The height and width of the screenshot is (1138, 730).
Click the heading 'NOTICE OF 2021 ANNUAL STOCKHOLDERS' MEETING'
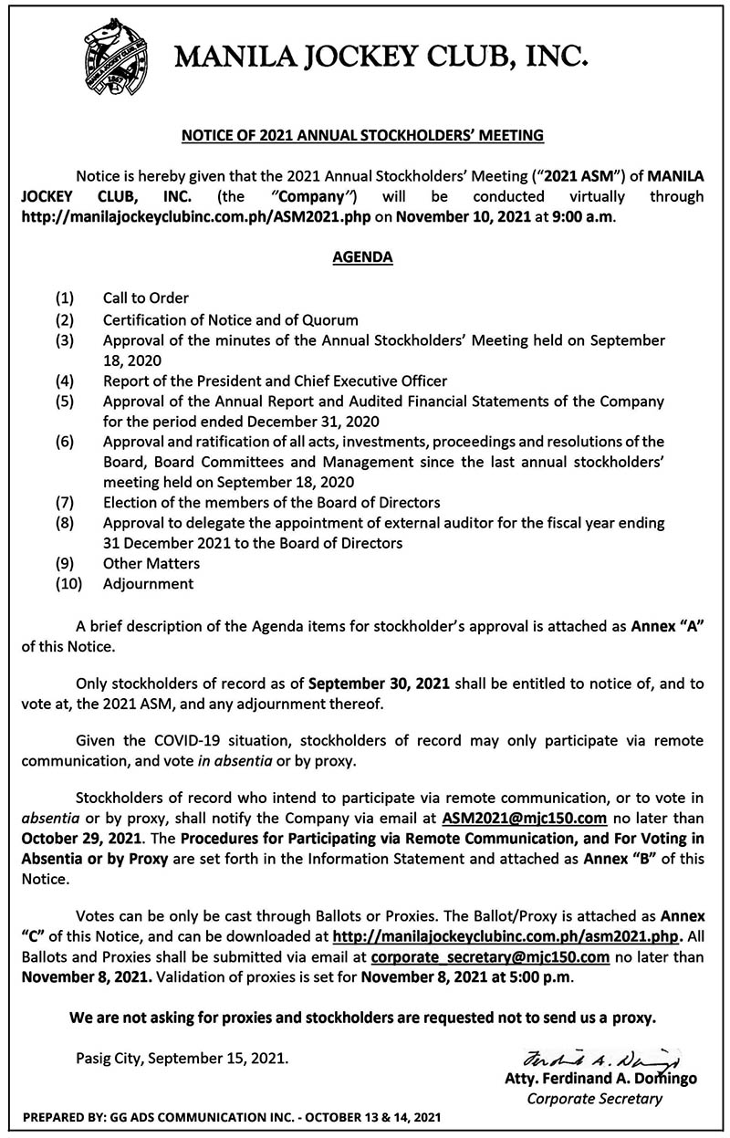(364, 136)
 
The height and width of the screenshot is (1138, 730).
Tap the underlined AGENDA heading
(363, 257)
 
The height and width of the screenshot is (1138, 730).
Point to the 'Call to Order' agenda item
(146, 298)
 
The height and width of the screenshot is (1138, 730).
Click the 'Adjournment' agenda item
(148, 582)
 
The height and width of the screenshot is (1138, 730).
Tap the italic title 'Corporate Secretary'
(594, 1098)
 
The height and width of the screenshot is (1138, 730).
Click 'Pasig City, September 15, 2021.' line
(182, 1060)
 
